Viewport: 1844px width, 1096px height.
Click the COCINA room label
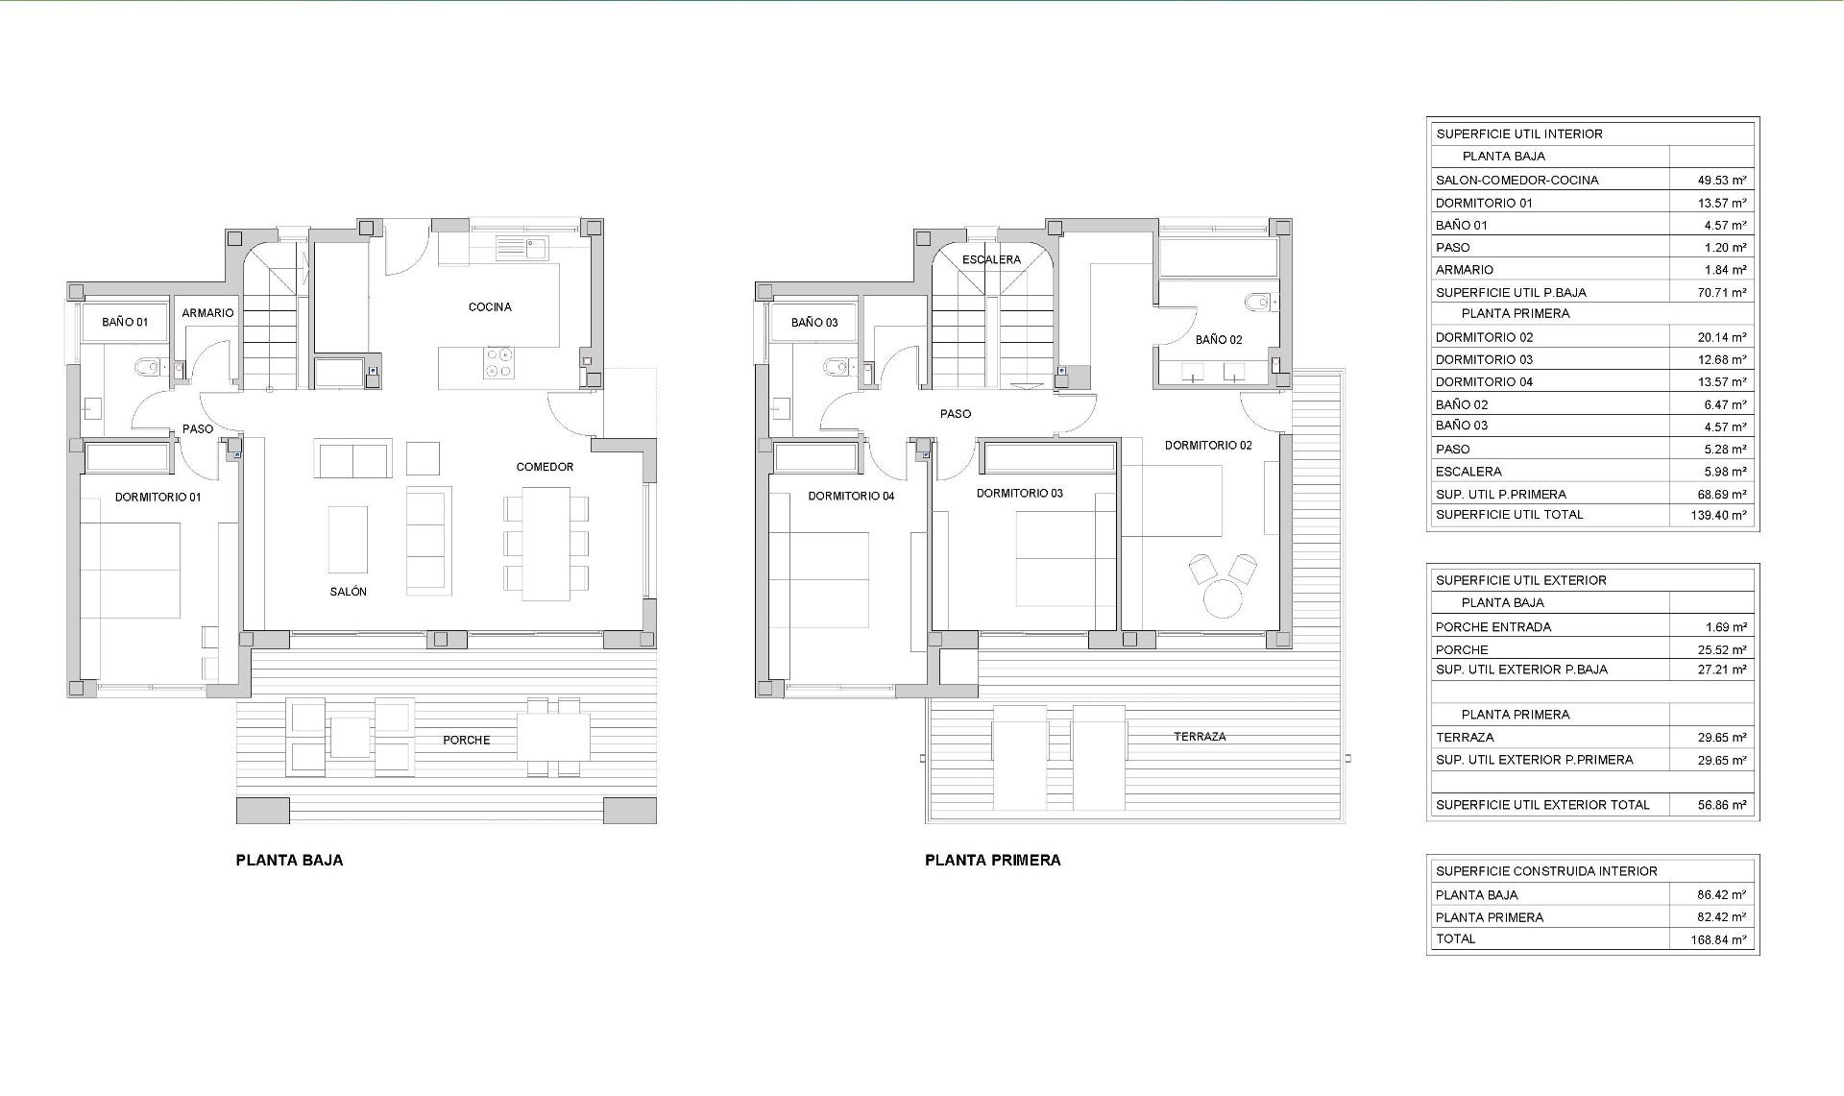tap(490, 307)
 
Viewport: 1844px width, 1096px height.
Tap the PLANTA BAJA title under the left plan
tap(289, 861)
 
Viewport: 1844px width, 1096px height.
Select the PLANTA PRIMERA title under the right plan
tap(992, 861)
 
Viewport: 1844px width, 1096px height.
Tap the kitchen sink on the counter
tap(522, 249)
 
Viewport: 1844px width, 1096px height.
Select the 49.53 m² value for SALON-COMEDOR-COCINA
tap(1721, 180)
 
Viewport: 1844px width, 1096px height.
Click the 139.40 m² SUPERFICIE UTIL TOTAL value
tap(1719, 515)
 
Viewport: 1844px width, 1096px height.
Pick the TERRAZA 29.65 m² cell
tap(1721, 738)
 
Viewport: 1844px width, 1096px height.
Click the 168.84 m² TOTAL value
tap(1719, 940)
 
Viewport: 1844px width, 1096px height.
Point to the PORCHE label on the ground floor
tap(467, 741)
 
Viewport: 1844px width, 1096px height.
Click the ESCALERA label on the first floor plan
tap(991, 260)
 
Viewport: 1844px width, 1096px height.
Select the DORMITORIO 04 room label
tap(851, 497)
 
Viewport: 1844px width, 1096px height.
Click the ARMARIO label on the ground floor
tap(207, 313)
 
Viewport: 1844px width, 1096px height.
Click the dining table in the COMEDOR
tap(546, 544)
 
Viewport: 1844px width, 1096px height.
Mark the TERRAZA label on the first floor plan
tap(1200, 737)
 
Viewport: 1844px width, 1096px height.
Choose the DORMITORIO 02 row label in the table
tap(1484, 337)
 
